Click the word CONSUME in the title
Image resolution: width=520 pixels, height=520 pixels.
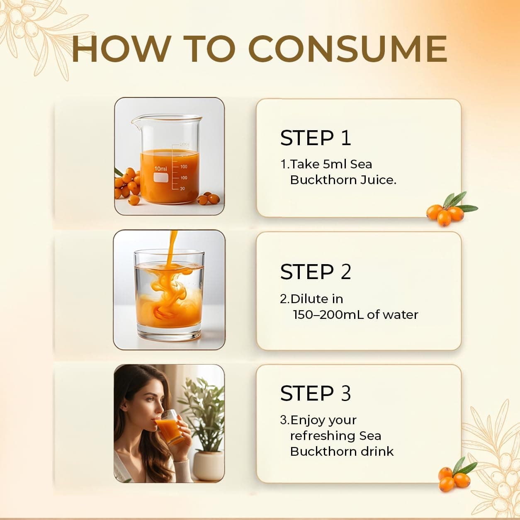(347, 49)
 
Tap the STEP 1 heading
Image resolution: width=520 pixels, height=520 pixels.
(316, 138)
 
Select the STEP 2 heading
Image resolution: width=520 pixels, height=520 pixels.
(316, 272)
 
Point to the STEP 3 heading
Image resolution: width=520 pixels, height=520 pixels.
(316, 393)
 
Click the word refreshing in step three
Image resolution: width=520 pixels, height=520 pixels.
(323, 436)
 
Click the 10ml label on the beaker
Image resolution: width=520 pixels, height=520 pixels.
(160, 169)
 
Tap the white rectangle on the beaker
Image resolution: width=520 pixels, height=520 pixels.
(161, 177)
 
